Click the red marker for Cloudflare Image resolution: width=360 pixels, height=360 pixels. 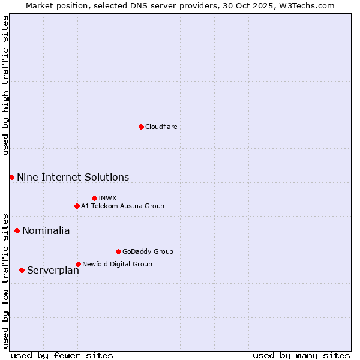pyautogui.click(x=141, y=127)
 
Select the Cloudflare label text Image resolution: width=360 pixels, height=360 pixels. pyautogui.click(x=161, y=127)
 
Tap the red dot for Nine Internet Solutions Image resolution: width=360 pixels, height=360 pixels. pyautogui.click(x=11, y=177)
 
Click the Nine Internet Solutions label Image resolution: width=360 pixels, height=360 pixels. pyautogui.click(x=73, y=178)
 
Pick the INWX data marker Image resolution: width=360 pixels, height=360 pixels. pyautogui.click(x=94, y=198)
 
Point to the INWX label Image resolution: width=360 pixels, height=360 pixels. pyautogui.click(x=107, y=198)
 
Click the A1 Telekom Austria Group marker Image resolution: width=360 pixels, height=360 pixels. pyautogui.click(x=77, y=206)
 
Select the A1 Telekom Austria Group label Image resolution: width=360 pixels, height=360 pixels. pyautogui.click(x=122, y=206)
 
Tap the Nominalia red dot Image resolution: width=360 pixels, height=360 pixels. pyautogui.click(x=17, y=230)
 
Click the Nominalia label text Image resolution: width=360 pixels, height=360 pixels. pyautogui.click(x=46, y=231)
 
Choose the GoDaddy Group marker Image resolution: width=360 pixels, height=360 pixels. pyautogui.click(x=118, y=251)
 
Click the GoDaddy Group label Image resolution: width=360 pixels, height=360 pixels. pyautogui.click(x=148, y=251)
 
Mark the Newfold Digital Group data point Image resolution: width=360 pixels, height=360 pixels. pyautogui.click(x=78, y=264)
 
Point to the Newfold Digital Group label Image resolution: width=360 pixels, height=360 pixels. pyautogui.click(x=117, y=264)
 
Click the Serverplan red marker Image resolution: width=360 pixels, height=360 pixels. pyautogui.click(x=22, y=270)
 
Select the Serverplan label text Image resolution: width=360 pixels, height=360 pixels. pyautogui.click(x=53, y=271)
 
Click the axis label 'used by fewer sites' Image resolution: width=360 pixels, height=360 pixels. pyautogui.click(x=62, y=355)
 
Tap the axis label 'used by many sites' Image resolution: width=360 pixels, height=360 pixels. pyautogui.click(x=301, y=355)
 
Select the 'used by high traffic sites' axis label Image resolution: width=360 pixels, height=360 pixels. pyautogui.click(x=6, y=86)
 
